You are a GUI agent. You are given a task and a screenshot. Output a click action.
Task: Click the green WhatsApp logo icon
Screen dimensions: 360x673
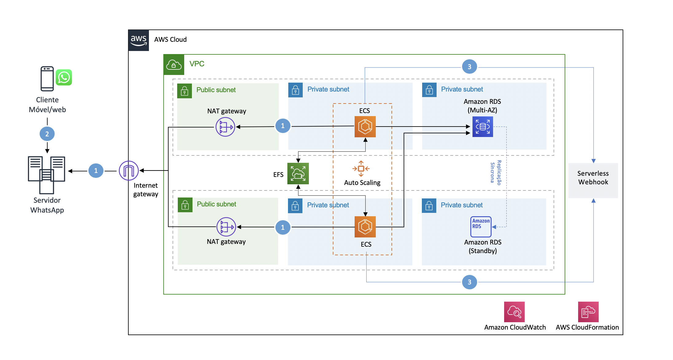[64, 77]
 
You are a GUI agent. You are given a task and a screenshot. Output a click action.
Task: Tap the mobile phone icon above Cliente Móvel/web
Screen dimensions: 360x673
[47, 79]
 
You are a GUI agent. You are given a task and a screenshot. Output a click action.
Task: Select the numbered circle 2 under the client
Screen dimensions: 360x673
[47, 134]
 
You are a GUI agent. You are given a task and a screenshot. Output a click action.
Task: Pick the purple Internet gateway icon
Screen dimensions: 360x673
[129, 170]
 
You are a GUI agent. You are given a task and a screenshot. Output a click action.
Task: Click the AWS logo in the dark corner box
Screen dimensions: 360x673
[139, 40]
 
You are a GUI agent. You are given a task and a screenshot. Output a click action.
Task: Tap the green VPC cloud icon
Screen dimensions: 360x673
[174, 65]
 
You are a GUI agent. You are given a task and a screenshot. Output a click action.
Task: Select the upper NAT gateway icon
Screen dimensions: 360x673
[225, 127]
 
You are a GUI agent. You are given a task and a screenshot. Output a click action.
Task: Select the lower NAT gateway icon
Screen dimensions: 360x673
[226, 227]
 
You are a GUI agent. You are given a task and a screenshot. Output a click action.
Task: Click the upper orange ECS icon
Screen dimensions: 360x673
[365, 127]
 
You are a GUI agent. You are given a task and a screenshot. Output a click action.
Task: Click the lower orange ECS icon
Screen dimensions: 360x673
[365, 227]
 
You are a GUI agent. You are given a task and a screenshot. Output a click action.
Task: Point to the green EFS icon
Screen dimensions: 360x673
[298, 174]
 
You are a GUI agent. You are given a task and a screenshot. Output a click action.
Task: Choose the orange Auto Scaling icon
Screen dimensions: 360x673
[361, 169]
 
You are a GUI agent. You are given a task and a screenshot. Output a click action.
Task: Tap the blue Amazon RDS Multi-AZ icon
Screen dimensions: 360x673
[483, 127]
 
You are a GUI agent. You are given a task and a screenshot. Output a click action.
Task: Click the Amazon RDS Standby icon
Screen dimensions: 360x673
[481, 227]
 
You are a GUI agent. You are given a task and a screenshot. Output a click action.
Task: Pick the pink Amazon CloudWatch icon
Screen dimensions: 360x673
[514, 312]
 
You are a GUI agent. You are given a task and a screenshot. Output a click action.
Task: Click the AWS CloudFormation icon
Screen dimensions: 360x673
[588, 312]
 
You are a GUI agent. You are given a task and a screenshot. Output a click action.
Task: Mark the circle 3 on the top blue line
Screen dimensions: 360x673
[469, 67]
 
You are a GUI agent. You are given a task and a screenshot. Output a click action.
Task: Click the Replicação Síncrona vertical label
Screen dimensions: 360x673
[496, 172]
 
